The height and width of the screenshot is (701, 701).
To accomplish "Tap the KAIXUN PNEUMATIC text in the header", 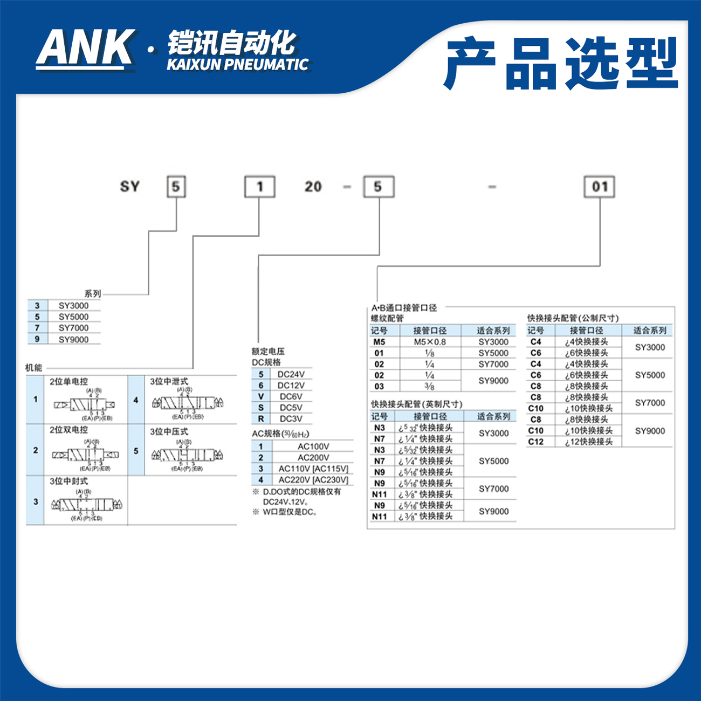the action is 237,64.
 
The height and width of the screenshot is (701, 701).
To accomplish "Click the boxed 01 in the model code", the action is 600,187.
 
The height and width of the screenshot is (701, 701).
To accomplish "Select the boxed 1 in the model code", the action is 260,187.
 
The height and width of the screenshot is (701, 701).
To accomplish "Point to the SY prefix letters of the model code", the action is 130,187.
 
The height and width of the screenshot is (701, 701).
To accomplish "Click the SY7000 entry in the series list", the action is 73,328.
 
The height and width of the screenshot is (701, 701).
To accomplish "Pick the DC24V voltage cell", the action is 291,374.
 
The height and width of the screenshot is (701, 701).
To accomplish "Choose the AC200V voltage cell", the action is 313,457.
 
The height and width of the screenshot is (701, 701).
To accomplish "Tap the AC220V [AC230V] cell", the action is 313,479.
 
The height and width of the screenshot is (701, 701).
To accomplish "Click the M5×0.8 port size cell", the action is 430,342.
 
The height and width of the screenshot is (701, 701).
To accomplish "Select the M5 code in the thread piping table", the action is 379,342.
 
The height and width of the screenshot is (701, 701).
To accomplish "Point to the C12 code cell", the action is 535,442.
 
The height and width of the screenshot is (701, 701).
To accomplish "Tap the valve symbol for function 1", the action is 84,404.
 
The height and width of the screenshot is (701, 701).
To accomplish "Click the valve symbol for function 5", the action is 187,455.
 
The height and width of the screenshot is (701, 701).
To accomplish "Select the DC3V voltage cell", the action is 291,418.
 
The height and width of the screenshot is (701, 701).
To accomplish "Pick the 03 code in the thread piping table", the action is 379,386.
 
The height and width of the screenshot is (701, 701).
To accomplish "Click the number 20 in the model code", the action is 313,187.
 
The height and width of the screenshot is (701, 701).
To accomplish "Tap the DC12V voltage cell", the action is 291,386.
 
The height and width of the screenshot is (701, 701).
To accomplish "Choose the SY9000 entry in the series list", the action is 73,339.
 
